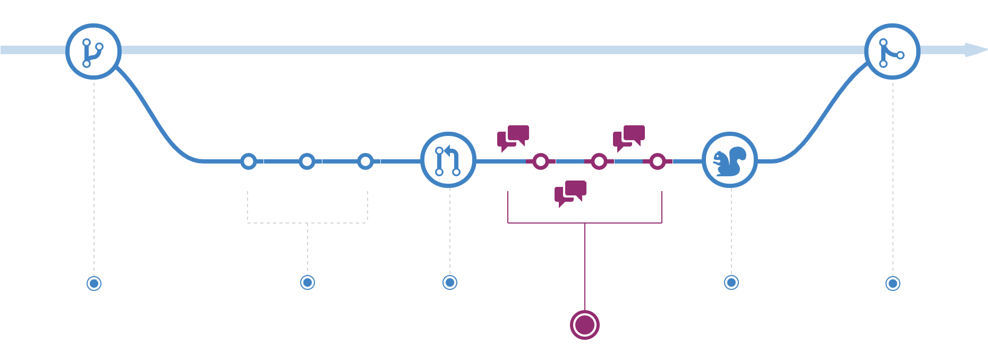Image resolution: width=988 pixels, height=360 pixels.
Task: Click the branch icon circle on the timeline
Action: (93, 52)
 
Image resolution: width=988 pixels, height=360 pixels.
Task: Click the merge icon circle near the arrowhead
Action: (892, 52)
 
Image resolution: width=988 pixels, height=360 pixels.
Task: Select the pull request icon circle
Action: (448, 160)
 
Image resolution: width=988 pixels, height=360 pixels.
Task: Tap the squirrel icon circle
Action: (729, 160)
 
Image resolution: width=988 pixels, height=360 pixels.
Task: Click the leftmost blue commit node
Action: (249, 161)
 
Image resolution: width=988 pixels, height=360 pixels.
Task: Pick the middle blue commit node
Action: (307, 161)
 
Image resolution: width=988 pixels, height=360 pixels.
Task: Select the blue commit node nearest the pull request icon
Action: (365, 161)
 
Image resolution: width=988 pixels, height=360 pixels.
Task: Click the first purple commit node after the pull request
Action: (541, 161)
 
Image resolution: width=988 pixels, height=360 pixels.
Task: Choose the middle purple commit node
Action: (599, 161)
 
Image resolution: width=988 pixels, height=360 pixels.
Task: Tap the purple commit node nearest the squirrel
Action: (658, 161)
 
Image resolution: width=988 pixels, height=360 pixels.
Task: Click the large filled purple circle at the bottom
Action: (585, 324)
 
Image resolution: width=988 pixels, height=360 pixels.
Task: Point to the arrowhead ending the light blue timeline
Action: (976, 50)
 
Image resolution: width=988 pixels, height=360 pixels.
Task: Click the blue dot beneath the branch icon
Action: (94, 284)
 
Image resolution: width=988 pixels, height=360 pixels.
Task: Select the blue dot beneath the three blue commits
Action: (308, 282)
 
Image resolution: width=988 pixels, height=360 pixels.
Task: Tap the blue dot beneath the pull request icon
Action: (450, 282)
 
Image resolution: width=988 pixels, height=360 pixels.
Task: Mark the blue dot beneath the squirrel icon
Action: (731, 282)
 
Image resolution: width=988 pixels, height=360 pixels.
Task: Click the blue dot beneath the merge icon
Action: (893, 284)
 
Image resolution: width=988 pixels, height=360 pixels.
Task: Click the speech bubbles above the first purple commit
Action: (513, 138)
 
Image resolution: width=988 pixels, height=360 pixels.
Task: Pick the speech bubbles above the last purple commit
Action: (629, 138)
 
